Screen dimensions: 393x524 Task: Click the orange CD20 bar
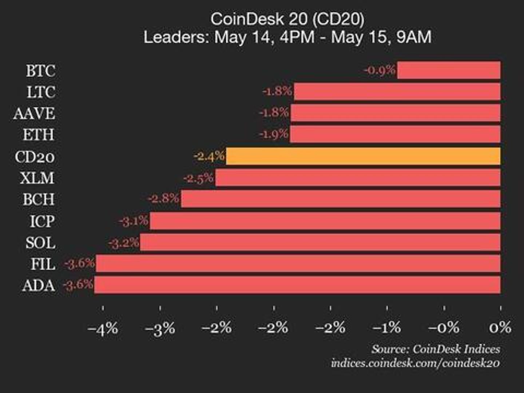(x=363, y=156)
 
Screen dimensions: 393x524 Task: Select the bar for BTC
(x=448, y=70)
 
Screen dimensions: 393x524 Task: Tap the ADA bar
(x=297, y=285)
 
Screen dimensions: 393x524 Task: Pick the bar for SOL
(x=320, y=242)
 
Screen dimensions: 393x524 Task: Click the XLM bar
(x=357, y=178)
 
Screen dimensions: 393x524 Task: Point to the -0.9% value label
(x=380, y=70)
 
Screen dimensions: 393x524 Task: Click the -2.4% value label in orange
(x=209, y=156)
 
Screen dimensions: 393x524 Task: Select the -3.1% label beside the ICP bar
(x=134, y=221)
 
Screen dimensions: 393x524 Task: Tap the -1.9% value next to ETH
(x=274, y=135)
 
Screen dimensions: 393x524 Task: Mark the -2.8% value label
(x=163, y=199)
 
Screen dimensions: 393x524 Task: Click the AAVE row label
(x=34, y=114)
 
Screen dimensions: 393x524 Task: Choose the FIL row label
(x=43, y=264)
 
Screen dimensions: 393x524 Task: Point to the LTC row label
(x=41, y=92)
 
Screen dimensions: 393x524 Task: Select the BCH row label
(x=39, y=199)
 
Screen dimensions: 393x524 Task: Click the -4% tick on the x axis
(x=103, y=328)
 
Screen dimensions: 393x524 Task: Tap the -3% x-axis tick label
(x=160, y=328)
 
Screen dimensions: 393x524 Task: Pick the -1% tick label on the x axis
(x=387, y=328)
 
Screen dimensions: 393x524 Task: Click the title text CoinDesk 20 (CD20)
(x=287, y=19)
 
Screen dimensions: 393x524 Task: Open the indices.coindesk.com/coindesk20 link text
(x=415, y=363)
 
